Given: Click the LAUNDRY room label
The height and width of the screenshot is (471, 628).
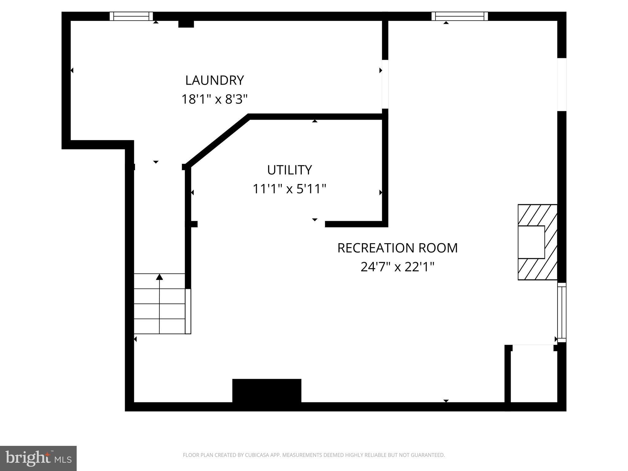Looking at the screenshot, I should pos(214,80).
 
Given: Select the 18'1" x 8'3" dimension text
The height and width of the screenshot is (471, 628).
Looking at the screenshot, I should pos(214,99).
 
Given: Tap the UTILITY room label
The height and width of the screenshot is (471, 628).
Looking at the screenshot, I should pos(289,170).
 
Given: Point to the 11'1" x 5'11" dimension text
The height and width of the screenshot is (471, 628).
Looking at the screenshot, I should pos(289,189).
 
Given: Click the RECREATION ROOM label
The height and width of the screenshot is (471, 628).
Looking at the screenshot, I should pos(397,248).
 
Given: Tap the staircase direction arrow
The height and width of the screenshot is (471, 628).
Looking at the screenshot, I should pos(159,277).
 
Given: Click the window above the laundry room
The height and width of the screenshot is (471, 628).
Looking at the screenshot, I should pos(131,16).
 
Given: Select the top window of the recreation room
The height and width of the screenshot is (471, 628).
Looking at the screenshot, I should pos(459,16).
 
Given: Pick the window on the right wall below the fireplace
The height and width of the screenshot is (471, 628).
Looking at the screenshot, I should pos(561,312).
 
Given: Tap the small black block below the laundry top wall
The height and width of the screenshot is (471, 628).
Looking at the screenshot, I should pos(186,24).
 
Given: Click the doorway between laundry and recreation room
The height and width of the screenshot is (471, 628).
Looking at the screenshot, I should pos(385,84).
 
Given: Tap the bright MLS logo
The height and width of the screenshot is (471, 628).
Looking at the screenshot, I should pos(38,458).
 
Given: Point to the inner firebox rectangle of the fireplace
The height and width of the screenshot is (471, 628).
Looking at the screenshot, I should pos(531,242).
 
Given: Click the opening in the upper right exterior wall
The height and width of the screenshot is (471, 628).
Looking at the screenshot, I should pos(561,84).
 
